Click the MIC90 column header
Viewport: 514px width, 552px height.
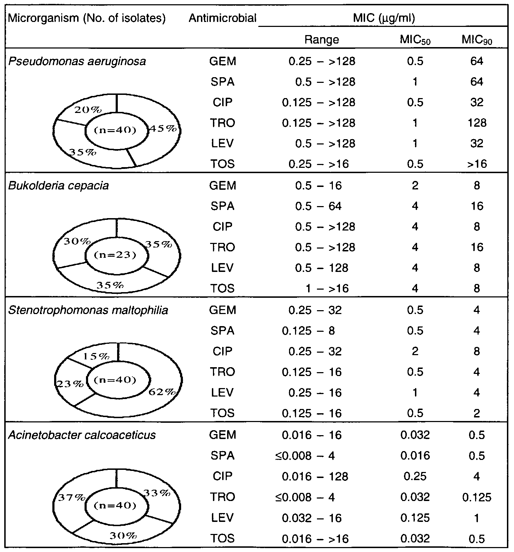477,40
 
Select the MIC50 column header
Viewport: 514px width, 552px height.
415,40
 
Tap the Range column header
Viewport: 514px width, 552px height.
322,40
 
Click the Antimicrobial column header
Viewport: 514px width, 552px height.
223,18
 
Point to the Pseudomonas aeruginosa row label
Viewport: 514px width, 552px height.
77,62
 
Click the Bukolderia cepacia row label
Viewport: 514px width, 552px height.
58,186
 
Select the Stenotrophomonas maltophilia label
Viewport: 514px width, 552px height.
88,310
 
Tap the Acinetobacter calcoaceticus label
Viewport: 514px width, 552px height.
82,434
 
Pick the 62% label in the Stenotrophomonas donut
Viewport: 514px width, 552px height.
162,392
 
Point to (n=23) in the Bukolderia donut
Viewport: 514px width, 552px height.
116,255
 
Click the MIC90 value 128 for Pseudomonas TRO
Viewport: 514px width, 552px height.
477,123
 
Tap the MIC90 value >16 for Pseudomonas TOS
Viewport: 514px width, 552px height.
477,164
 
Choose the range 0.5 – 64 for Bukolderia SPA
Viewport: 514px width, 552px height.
318,206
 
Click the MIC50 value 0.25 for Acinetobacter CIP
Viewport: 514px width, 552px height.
415,476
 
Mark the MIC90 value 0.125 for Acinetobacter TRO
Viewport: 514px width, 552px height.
477,497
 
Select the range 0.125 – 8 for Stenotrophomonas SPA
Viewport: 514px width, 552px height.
308,331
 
